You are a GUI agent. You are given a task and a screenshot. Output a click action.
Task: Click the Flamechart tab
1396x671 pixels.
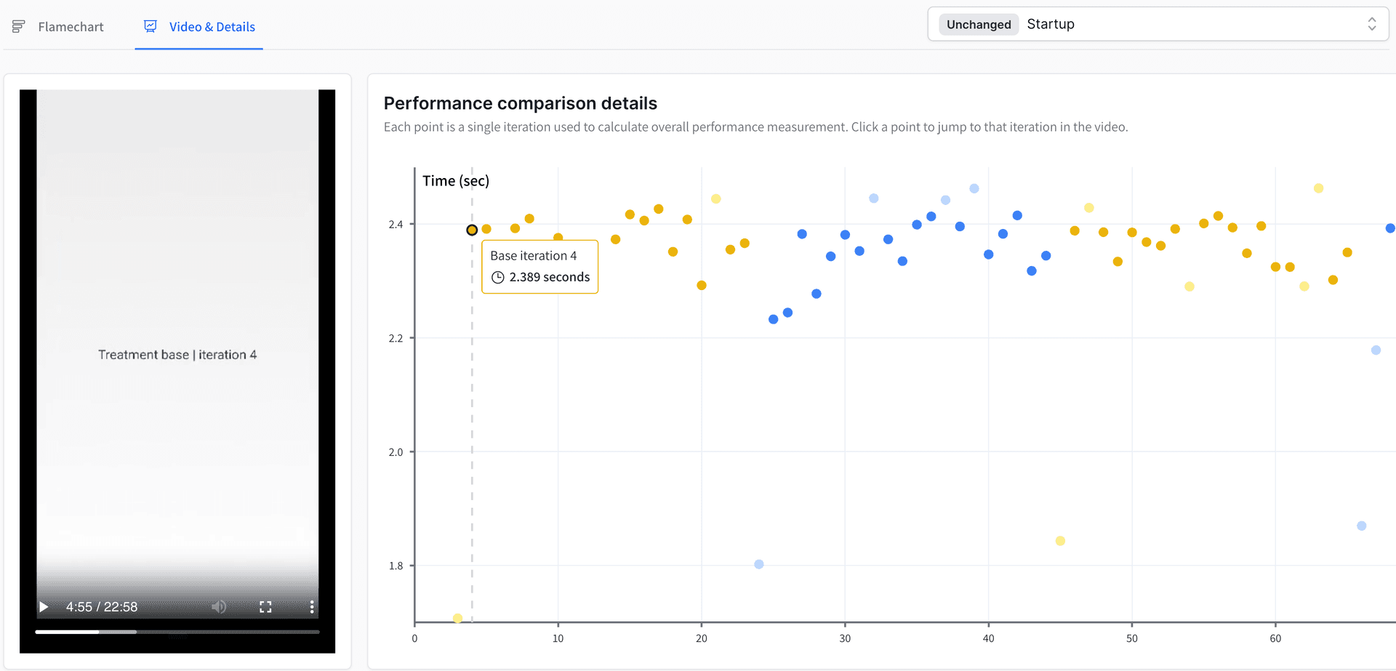click(x=70, y=27)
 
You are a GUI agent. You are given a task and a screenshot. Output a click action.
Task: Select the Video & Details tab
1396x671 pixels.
click(x=212, y=27)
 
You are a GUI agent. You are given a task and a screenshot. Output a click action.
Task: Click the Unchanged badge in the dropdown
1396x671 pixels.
click(x=978, y=25)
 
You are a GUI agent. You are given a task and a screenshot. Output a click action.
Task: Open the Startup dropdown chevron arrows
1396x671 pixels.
click(x=1371, y=24)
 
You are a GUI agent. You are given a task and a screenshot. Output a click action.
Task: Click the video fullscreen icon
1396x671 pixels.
click(x=265, y=607)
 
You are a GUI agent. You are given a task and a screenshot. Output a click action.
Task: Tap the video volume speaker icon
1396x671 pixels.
click(x=219, y=607)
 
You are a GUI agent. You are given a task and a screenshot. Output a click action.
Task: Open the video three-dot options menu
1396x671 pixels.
click(x=312, y=607)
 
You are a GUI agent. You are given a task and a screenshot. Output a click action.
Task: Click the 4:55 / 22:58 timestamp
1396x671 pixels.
click(x=102, y=607)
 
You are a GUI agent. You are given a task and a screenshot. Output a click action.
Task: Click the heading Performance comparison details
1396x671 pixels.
click(x=520, y=103)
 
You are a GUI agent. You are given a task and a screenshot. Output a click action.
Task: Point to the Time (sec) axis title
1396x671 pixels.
click(x=456, y=181)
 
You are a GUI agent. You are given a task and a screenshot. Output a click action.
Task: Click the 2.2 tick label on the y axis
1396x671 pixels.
click(x=396, y=339)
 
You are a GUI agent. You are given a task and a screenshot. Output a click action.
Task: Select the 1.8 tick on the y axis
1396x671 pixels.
click(x=396, y=566)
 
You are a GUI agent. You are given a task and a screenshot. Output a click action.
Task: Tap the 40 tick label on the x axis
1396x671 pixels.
click(x=988, y=639)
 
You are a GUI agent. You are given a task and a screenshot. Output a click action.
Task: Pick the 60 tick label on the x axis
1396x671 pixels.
click(x=1275, y=639)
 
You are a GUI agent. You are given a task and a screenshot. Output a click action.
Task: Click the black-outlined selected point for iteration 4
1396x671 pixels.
click(x=472, y=230)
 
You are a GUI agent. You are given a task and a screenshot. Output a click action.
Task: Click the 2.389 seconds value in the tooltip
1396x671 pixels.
click(x=549, y=277)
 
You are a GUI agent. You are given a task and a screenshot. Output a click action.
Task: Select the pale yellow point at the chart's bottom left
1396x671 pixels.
click(x=457, y=618)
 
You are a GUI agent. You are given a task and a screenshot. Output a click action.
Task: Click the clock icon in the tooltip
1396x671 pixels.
click(x=498, y=277)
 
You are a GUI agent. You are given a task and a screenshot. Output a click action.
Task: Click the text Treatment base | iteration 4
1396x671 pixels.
click(x=177, y=355)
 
